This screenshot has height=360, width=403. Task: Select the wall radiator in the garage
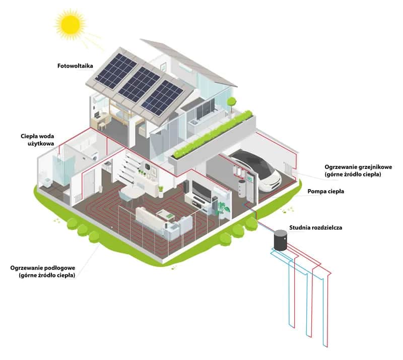288,169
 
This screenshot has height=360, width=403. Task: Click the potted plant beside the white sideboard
161,190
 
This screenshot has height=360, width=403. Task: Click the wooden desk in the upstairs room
104,117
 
